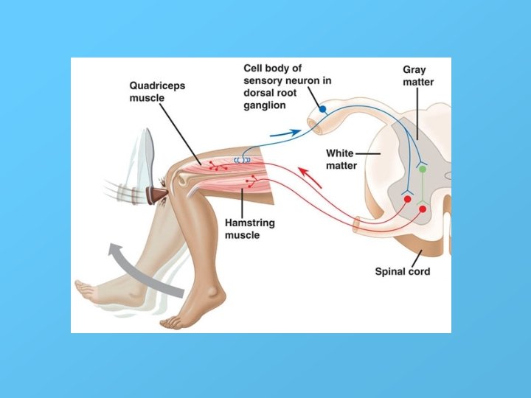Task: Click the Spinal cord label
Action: (402, 272)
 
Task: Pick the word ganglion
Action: (265, 105)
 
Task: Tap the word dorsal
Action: (257, 93)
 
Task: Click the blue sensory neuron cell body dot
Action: (322, 109)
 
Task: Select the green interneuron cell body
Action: (423, 169)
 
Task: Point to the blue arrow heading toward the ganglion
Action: (284, 133)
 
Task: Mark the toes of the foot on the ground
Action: (172, 321)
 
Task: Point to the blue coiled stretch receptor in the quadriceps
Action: (243, 159)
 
